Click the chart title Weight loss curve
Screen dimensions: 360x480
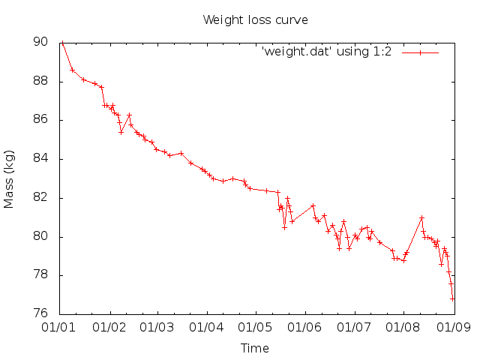[x=255, y=19]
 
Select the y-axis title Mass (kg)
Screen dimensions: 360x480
[x=10, y=178]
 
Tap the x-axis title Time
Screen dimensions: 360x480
[x=255, y=348]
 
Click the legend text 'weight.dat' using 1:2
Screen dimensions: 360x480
[x=329, y=52]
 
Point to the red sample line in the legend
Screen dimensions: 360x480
[x=420, y=52]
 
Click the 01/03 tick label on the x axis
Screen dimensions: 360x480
[x=157, y=328]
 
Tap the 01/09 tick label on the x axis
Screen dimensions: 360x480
[x=453, y=328]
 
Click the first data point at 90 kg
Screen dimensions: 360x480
[x=62, y=43]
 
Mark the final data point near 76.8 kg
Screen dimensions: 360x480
[x=452, y=298]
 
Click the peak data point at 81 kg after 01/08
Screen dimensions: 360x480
[x=421, y=217]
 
